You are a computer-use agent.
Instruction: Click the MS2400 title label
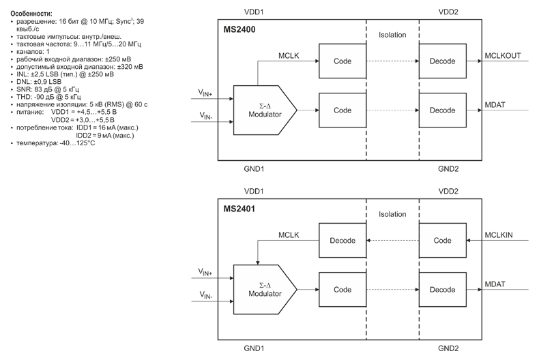[x=239, y=30]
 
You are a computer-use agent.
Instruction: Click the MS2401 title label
[x=239, y=209]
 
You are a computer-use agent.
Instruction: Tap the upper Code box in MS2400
[x=343, y=61]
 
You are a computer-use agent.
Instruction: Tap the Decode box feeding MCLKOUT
[x=442, y=61]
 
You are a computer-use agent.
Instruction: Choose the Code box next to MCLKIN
[x=442, y=241]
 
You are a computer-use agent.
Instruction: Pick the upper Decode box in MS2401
[x=343, y=241]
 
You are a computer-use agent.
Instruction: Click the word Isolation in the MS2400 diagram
[x=392, y=35]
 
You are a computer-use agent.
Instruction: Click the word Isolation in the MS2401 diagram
[x=392, y=214]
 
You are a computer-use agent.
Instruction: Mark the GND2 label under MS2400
[x=448, y=168]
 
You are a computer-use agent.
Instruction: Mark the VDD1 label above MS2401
[x=254, y=192]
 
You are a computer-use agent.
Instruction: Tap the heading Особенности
[x=31, y=13]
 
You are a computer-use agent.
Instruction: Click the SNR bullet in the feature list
[x=48, y=89]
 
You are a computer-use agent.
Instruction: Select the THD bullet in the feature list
[x=48, y=97]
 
